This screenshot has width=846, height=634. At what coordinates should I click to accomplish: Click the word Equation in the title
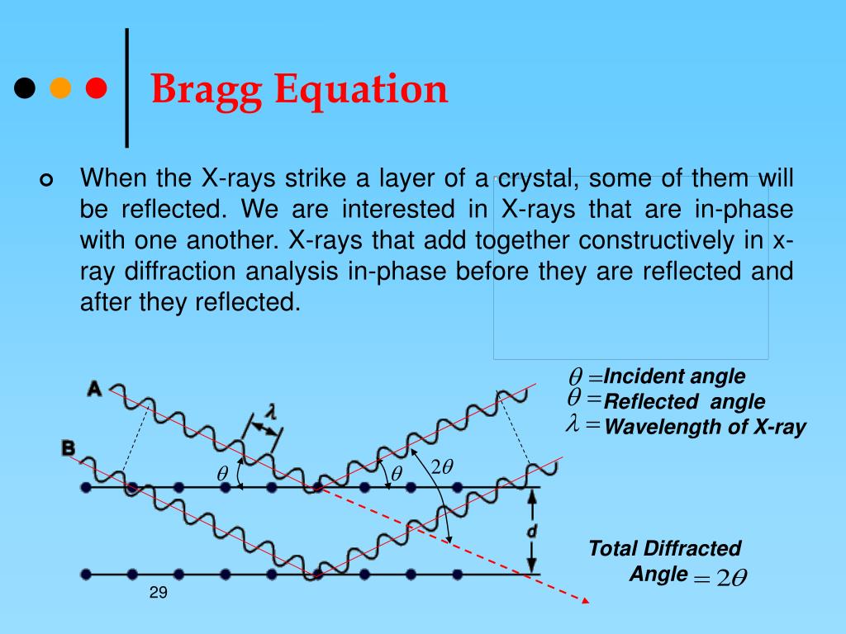click(360, 89)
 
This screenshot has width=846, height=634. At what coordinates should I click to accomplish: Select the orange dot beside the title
click(60, 88)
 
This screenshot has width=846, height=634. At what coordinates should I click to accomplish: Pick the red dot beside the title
click(96, 88)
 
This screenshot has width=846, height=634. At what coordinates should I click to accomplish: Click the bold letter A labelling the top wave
click(94, 388)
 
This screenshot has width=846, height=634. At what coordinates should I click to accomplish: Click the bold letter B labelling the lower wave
click(68, 448)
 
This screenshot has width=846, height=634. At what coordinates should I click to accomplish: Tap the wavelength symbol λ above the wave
click(269, 410)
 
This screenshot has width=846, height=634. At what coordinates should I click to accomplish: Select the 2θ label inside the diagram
click(442, 467)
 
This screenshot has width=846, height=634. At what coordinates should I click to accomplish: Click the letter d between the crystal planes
click(532, 532)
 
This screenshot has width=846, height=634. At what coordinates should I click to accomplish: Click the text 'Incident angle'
click(674, 377)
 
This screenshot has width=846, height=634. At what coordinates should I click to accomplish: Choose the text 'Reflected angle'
click(684, 402)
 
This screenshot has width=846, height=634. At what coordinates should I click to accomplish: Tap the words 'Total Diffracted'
click(664, 548)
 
